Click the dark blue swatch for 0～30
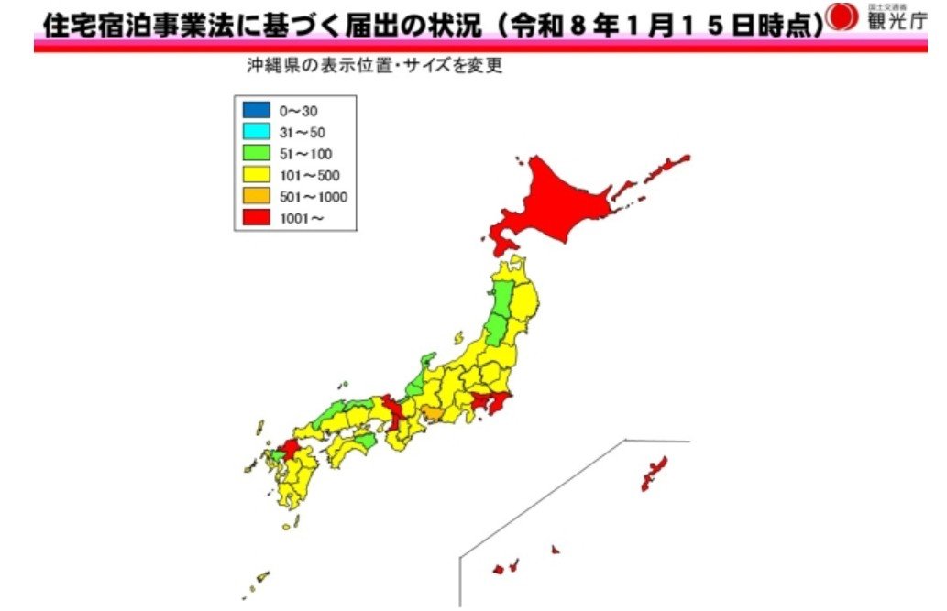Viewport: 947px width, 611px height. point(256,111)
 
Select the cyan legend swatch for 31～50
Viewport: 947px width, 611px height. point(256,132)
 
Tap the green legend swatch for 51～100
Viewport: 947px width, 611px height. point(256,153)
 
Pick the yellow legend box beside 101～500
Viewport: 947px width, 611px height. point(256,174)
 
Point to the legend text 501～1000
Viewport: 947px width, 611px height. point(314,196)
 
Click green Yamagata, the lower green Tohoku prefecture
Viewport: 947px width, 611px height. point(496,329)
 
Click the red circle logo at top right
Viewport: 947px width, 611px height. point(841,17)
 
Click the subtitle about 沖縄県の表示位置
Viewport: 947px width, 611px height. point(373,66)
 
